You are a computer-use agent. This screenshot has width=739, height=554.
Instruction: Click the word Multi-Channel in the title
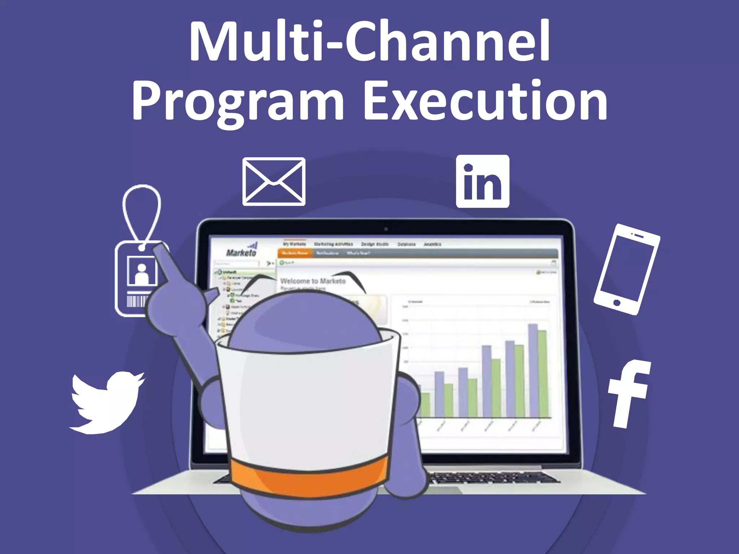[x=369, y=41]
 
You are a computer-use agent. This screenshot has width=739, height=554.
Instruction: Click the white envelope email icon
[x=274, y=181]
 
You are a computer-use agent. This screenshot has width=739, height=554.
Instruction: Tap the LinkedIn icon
[x=482, y=181]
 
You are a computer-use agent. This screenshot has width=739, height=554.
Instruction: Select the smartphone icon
[x=627, y=269]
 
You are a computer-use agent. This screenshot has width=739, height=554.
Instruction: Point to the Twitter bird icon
[x=107, y=402]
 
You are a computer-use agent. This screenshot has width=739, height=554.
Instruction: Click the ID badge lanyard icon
[x=139, y=252]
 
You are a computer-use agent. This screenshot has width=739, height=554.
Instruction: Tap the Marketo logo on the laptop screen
[x=241, y=251]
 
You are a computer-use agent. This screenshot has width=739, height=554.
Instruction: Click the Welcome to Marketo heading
[x=312, y=281]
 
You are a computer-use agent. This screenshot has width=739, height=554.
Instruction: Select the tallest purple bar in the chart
[x=533, y=370]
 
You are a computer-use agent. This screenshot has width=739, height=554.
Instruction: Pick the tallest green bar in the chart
[x=542, y=373]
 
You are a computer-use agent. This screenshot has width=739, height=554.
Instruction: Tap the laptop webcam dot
[x=386, y=229]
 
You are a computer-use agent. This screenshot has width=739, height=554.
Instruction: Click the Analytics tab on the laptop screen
[x=432, y=244]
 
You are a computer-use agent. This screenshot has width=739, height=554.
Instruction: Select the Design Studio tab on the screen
[x=375, y=244]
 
